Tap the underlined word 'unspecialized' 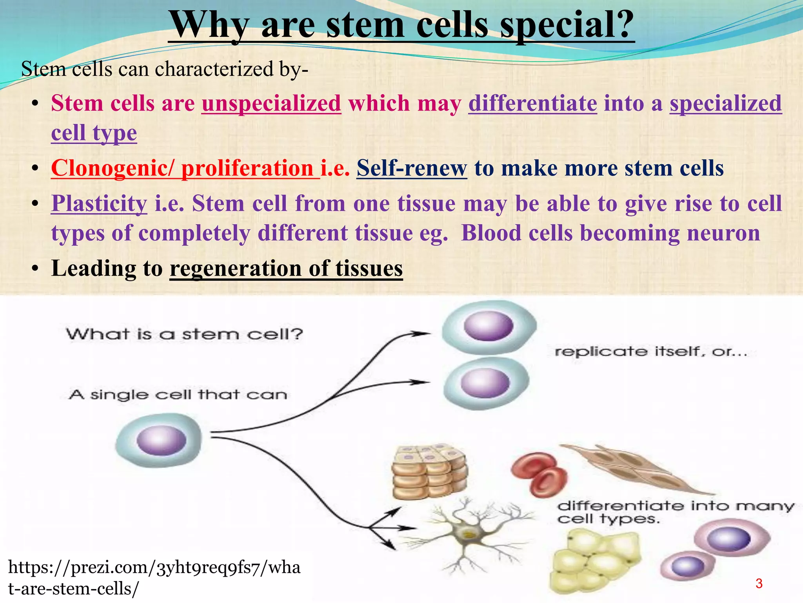[x=271, y=103]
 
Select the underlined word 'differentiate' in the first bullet [x=532, y=103]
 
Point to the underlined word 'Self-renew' [x=412, y=168]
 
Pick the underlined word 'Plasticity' [x=99, y=203]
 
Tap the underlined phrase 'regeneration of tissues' [x=286, y=269]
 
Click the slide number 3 [x=759, y=583]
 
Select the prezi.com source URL [x=154, y=578]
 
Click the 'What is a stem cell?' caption [x=184, y=334]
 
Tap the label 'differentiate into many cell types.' [x=674, y=512]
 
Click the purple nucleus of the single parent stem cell [x=161, y=440]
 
